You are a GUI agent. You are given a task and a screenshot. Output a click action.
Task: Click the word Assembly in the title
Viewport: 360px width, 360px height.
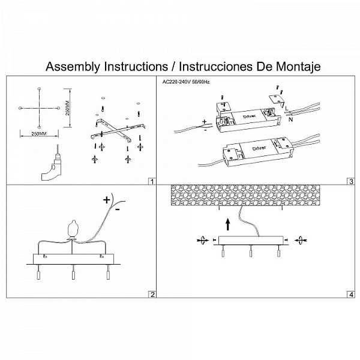(73, 67)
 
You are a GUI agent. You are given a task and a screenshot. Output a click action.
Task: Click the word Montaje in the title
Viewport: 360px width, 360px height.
(298, 67)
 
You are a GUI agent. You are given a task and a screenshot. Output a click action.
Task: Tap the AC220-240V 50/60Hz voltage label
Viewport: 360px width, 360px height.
(186, 82)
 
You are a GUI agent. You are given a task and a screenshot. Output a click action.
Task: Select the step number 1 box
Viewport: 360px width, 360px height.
(152, 182)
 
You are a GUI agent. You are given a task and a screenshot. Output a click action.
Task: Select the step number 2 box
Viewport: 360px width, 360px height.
(152, 295)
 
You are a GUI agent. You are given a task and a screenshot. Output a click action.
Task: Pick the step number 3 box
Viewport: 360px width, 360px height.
(351, 182)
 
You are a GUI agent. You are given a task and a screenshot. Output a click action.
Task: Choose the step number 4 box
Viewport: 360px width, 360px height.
(351, 295)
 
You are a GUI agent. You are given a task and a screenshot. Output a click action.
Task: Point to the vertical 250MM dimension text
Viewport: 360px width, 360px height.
(67, 108)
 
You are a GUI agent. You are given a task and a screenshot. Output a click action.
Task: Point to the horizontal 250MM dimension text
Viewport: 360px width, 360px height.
(39, 134)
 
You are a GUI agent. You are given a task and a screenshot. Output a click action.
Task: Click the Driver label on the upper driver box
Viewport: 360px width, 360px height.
(249, 116)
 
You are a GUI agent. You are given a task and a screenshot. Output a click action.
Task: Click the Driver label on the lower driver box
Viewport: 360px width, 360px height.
(259, 148)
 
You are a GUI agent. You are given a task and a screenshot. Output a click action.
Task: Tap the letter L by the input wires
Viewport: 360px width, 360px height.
(287, 108)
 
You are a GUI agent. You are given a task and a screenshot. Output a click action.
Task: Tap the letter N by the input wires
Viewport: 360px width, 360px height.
(291, 119)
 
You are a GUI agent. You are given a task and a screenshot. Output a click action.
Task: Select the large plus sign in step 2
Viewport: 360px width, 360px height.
(107, 200)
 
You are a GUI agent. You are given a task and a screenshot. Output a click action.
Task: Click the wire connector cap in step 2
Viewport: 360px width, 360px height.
(73, 229)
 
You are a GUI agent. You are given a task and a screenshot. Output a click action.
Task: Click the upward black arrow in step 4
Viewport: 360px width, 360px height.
(228, 224)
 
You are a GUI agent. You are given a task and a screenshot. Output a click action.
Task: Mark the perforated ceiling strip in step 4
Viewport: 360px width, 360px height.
(245, 195)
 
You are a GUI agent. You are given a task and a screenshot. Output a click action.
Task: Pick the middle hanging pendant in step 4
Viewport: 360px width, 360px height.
(250, 251)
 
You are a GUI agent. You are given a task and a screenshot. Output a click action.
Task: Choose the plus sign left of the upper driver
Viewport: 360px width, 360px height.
(205, 121)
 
